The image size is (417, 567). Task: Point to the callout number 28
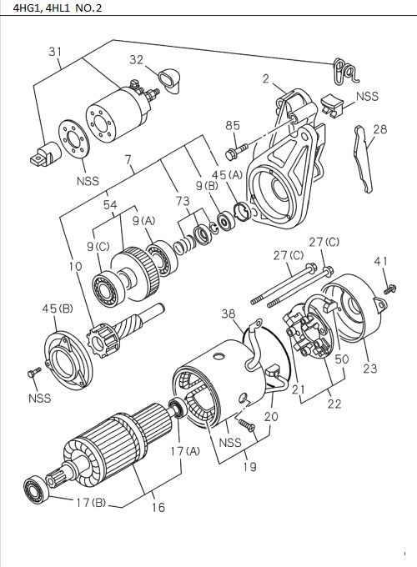tap(380, 129)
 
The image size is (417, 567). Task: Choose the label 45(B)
tap(53, 309)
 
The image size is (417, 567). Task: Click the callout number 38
tap(228, 314)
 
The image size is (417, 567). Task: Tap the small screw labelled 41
tap(389, 289)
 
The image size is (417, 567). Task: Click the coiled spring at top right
tap(340, 72)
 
